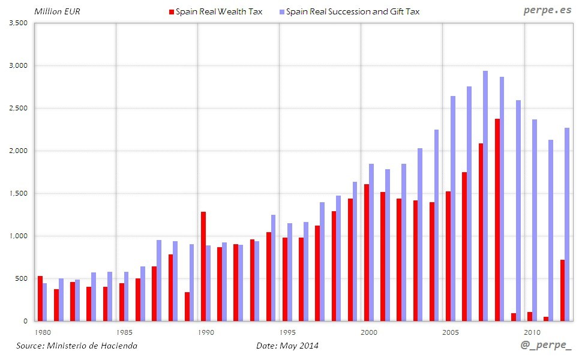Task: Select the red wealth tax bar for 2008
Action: point(497,220)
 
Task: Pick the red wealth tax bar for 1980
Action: point(40,298)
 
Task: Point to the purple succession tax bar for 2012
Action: point(567,224)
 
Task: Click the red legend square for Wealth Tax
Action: point(172,11)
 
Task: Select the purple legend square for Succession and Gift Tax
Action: point(282,11)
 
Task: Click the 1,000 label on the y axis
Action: point(20,236)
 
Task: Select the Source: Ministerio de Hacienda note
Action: point(76,346)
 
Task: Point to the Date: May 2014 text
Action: point(287,346)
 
